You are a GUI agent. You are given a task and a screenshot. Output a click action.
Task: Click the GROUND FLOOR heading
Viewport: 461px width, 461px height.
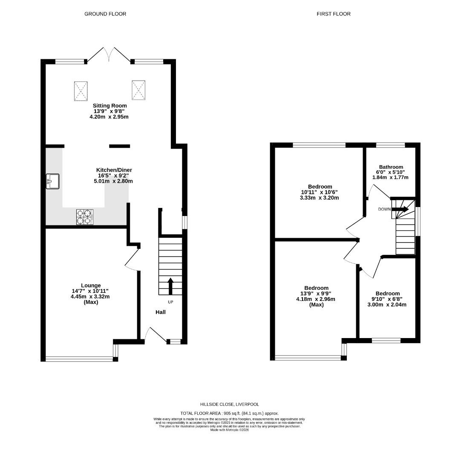(105, 14)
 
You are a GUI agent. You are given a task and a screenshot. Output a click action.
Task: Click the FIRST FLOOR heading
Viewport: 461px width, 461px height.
(334, 14)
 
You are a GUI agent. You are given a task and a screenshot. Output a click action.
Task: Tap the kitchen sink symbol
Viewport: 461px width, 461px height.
(53, 181)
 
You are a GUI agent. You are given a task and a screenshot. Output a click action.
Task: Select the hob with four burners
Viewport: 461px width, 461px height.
(85, 216)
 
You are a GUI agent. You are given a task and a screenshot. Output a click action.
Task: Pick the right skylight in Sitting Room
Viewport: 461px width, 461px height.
(138, 90)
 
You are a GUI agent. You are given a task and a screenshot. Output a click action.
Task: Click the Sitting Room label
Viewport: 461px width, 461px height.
(109, 105)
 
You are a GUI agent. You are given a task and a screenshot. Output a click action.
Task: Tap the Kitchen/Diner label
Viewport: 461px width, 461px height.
(113, 170)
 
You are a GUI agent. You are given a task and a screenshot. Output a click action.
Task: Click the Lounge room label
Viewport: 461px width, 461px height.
(91, 286)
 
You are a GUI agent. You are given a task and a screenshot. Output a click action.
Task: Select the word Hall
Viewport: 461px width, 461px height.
(161, 312)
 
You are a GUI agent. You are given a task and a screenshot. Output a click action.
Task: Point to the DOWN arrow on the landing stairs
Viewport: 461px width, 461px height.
(400, 209)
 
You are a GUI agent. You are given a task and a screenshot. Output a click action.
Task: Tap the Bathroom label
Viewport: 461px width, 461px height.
(391, 167)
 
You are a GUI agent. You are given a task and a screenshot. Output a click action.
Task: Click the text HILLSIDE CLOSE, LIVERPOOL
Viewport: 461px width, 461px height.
(230, 404)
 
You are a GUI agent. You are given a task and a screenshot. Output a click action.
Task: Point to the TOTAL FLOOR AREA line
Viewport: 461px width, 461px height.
(230, 413)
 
